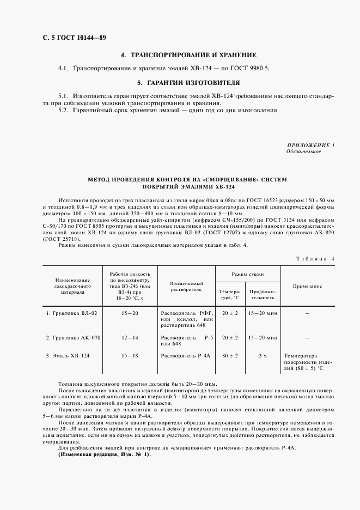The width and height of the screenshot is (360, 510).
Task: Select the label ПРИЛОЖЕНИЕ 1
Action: [310, 145]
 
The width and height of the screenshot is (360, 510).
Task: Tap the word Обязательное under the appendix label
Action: [303, 151]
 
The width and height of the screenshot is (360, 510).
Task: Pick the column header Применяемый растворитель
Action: [186, 287]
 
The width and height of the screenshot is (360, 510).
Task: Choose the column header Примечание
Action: [307, 286]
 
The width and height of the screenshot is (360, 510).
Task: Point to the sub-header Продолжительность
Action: [263, 295]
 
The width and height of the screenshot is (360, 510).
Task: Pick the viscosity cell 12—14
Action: [130, 338]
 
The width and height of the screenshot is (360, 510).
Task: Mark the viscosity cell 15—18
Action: [130, 355]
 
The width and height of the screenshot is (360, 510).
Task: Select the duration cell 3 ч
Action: [263, 355]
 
